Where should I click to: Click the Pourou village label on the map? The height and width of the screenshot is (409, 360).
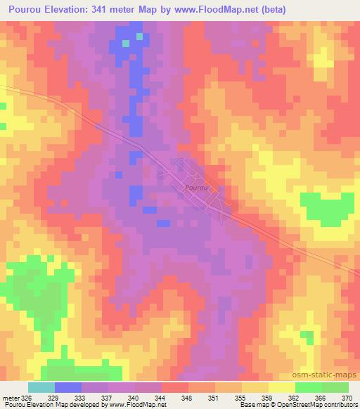[x=197, y=188]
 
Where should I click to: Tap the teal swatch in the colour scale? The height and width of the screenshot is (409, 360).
[x=41, y=387]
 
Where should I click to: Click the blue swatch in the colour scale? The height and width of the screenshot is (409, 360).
[x=68, y=387]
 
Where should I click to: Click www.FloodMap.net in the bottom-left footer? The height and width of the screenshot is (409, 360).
[x=134, y=405]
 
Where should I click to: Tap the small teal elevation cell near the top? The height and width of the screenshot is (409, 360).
[x=127, y=44]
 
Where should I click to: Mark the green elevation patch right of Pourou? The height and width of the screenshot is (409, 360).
[x=327, y=207]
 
